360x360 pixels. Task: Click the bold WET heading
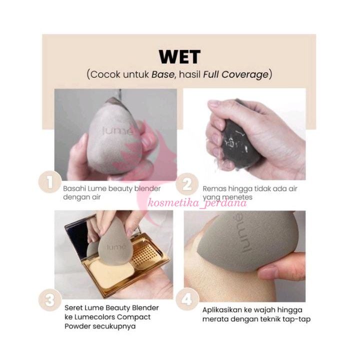coord(180,57)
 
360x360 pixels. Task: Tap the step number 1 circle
coord(49,182)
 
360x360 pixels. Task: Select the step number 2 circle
coord(187,184)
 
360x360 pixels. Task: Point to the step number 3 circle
coord(50,300)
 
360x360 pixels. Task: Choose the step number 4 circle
coord(187,299)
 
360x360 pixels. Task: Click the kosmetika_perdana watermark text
coord(197,202)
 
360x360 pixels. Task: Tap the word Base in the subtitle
coord(162,74)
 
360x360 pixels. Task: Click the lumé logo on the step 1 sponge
coord(117,131)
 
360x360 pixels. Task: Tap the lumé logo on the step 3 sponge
coord(116,247)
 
